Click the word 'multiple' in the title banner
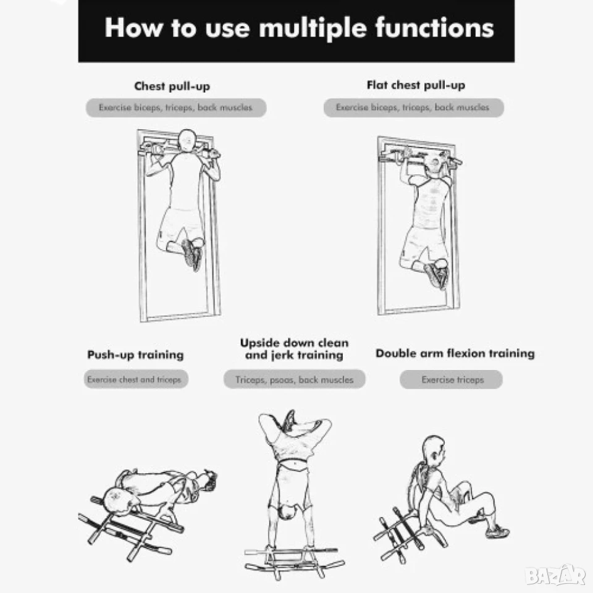[313, 28]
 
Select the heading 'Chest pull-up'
[172, 86]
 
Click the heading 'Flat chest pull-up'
[416, 85]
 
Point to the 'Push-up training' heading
[135, 355]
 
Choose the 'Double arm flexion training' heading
[455, 353]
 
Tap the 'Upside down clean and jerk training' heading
[294, 349]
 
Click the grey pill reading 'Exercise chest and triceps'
[136, 379]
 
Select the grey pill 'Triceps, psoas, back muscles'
[294, 379]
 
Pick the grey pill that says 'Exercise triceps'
[451, 379]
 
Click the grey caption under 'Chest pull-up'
[176, 107]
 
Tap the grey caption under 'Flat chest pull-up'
[413, 107]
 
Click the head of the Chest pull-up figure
[187, 141]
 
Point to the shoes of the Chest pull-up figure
[192, 254]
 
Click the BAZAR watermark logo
[555, 576]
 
